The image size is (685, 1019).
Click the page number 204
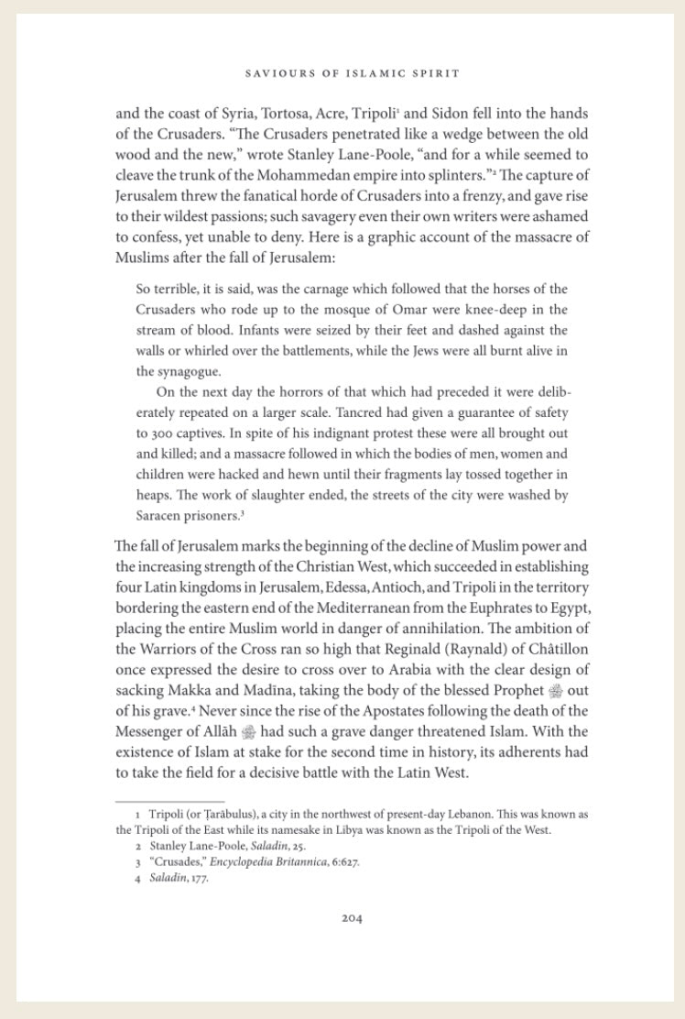point(352,918)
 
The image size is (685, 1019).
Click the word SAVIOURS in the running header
point(276,71)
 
